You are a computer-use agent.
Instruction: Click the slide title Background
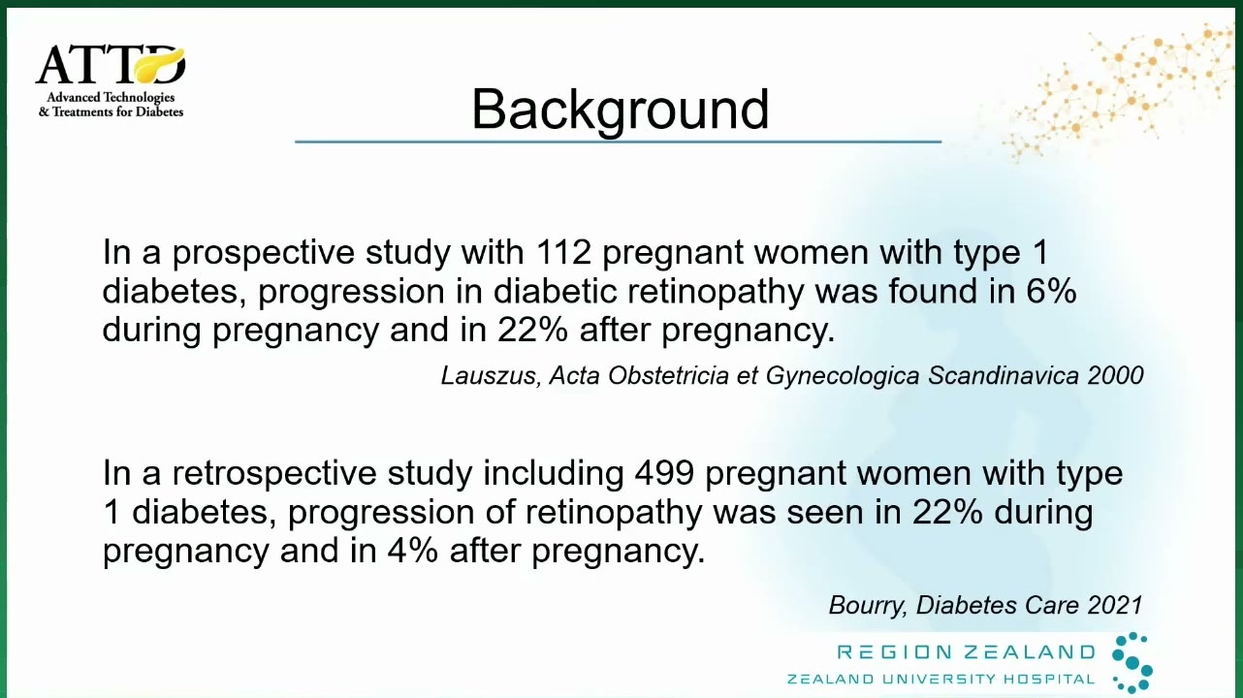(620, 110)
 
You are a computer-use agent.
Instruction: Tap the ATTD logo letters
(111, 65)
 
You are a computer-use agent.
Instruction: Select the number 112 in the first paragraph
(564, 252)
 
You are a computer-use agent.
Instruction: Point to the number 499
(664, 473)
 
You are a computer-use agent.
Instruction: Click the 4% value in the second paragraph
(413, 551)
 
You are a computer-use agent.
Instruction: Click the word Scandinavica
(1004, 375)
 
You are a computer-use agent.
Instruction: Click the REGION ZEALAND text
(966, 652)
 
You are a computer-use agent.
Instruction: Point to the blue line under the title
(619, 143)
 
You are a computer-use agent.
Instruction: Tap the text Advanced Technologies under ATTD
(111, 98)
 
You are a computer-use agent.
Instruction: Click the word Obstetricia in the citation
(668, 375)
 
